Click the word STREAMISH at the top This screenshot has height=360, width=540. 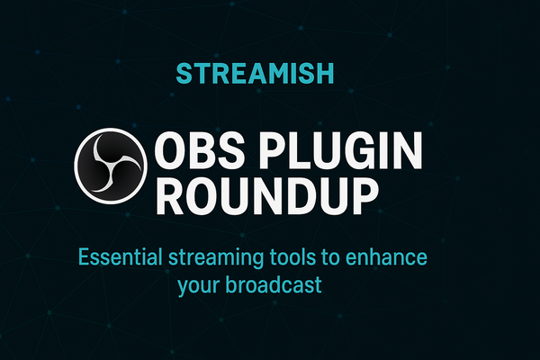point(269,71)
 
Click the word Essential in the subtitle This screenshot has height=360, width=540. point(118,259)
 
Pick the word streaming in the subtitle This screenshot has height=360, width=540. point(215,261)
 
